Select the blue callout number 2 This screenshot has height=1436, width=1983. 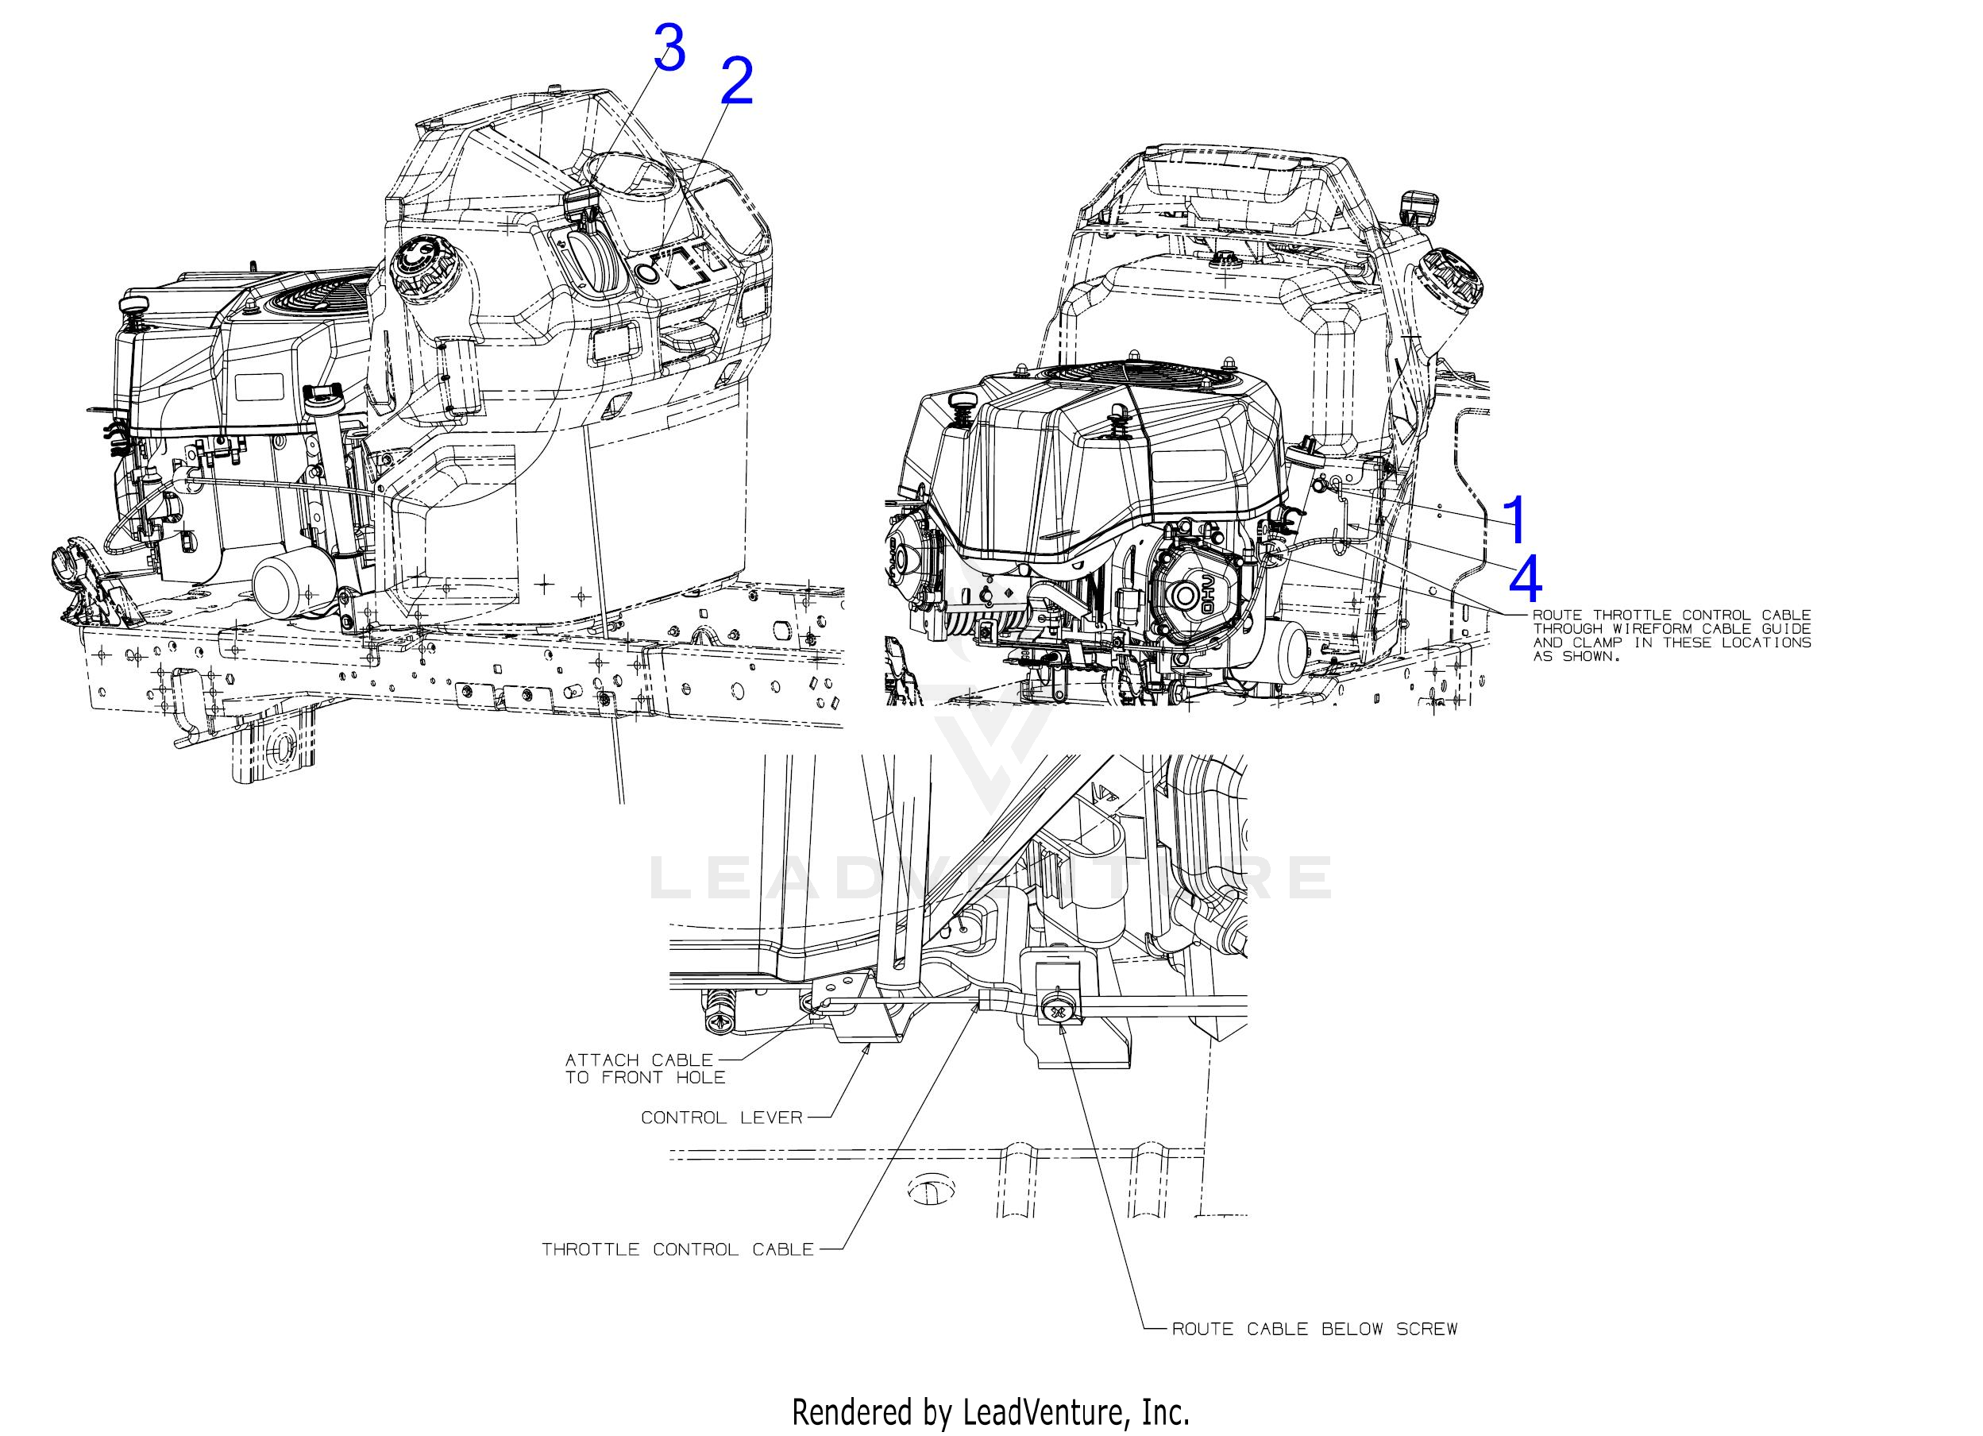tap(735, 83)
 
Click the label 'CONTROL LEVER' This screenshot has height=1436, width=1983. tap(721, 1118)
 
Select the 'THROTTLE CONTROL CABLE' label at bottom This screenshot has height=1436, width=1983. tap(677, 1249)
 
